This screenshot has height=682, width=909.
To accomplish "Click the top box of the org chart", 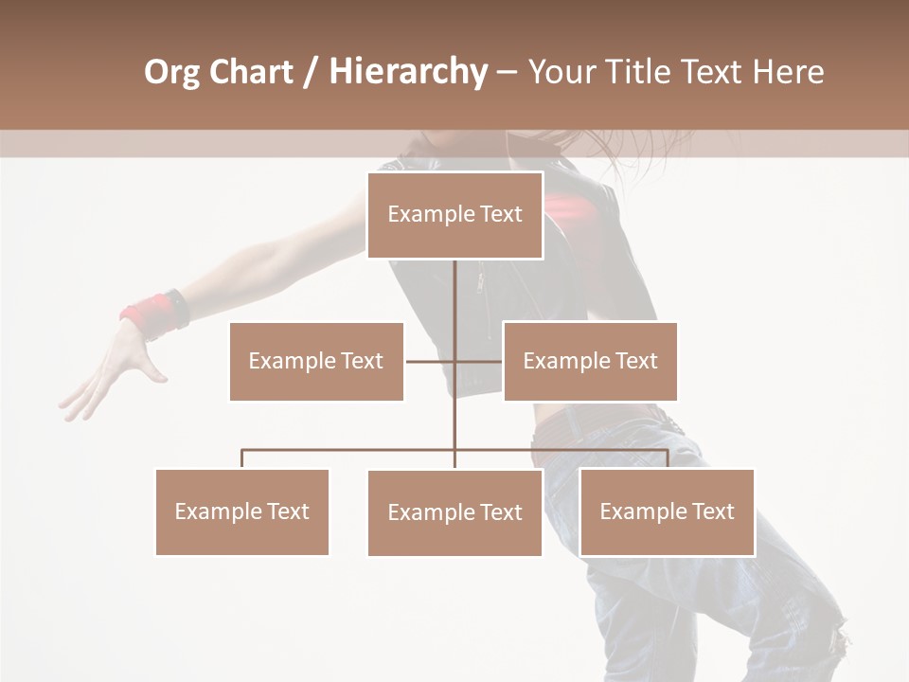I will [x=454, y=215].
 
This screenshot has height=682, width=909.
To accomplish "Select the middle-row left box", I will [x=316, y=361].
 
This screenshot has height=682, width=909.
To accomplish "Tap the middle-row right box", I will [x=590, y=361].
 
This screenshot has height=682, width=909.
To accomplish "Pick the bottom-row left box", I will [x=241, y=511].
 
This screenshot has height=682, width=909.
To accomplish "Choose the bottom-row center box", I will [x=454, y=512].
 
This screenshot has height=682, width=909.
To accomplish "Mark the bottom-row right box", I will [x=667, y=511].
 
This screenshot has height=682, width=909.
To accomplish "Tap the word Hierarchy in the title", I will [x=407, y=72].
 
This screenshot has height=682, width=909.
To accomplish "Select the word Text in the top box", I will [x=500, y=215].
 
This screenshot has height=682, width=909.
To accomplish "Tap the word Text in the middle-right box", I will [x=635, y=361].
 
